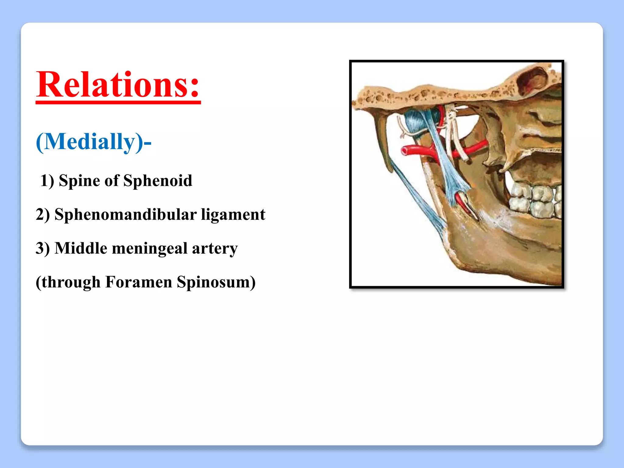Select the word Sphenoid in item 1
[158, 180]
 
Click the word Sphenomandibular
[125, 214]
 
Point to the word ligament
[233, 214]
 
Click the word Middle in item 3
[81, 248]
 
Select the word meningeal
[150, 248]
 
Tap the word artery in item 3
[214, 248]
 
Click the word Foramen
[138, 282]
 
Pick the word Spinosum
[213, 282]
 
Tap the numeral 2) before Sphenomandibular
[43, 214]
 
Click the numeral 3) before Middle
[43, 248]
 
